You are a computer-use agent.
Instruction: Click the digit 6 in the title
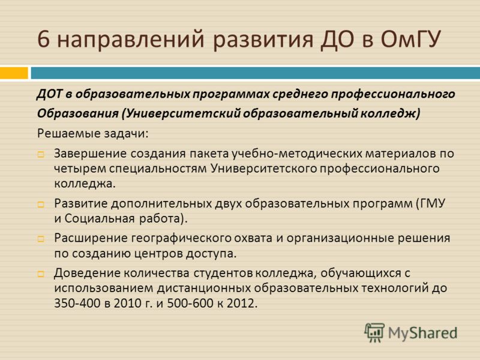point(43,39)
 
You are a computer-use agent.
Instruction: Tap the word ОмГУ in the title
point(410,39)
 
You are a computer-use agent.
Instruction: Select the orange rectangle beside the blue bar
point(14,73)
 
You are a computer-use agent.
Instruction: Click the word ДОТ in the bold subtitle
point(50,94)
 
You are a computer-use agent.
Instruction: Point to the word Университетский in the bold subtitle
point(183,113)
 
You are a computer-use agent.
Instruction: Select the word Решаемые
point(68,133)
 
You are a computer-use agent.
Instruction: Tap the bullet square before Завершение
point(41,154)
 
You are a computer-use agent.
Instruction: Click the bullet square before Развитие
point(41,205)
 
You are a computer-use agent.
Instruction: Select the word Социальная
point(100,218)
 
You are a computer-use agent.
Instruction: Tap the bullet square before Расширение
point(41,239)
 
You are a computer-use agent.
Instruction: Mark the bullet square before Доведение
point(41,274)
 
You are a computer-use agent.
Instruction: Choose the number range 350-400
point(77,303)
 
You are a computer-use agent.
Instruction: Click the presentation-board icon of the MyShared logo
point(374,333)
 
